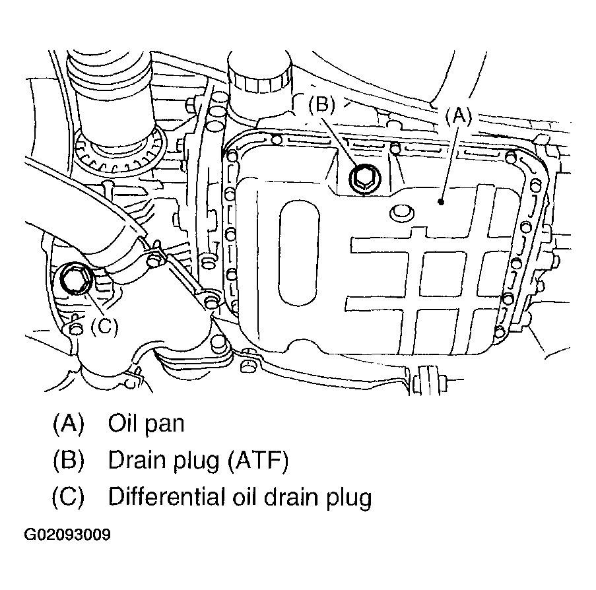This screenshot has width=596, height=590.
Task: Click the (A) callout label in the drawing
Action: click(x=458, y=117)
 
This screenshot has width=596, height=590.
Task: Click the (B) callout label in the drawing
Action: click(x=323, y=106)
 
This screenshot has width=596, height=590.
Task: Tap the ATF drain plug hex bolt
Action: click(x=363, y=178)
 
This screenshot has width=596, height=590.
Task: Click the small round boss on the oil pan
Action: click(x=400, y=213)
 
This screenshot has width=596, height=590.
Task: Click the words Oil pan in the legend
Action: click(x=146, y=424)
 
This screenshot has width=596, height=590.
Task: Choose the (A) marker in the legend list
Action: click(x=69, y=424)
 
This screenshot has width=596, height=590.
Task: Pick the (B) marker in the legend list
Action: click(x=69, y=461)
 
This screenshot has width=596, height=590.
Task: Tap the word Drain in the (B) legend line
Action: click(x=135, y=461)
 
